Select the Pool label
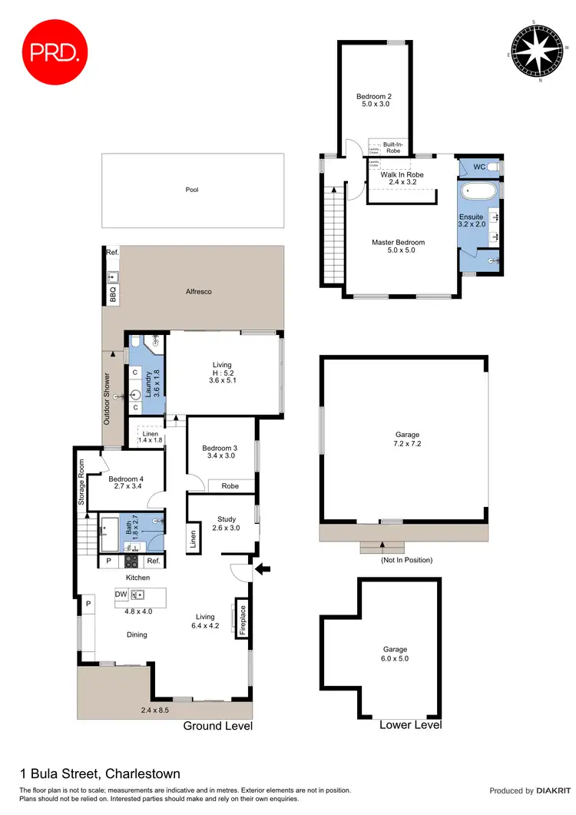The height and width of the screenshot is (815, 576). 192,189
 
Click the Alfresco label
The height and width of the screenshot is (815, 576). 198,292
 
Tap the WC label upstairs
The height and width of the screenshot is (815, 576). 479,167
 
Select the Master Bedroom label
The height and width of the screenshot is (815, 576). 398,243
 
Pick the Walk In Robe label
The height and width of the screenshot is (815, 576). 402,174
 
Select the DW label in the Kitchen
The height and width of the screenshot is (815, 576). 121,594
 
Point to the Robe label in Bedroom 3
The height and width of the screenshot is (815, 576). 230,486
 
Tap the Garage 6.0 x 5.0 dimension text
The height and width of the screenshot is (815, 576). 396,658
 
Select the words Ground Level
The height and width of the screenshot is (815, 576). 217,726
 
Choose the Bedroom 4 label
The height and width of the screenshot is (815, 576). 127,479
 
